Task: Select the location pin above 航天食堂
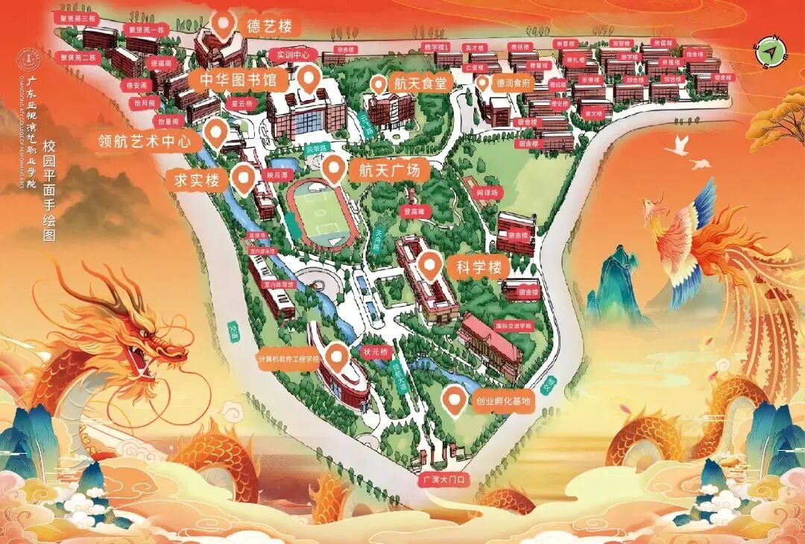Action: point(379,84)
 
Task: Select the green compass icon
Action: point(772,51)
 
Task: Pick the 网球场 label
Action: point(488,193)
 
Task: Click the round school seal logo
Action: point(30,58)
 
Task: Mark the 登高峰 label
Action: point(414,211)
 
